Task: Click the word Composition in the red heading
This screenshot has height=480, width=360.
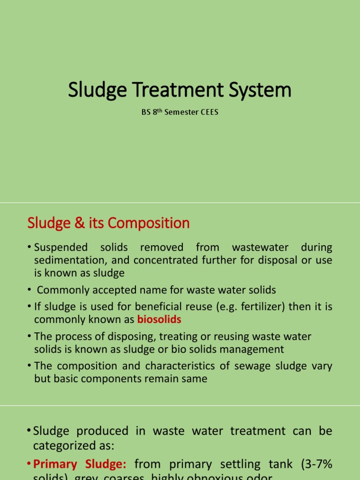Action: pyautogui.click(x=149, y=223)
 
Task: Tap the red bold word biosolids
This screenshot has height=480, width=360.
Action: pyautogui.click(x=159, y=320)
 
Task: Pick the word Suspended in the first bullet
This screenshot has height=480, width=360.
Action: pyautogui.click(x=61, y=247)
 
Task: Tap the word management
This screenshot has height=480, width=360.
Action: pyautogui.click(x=248, y=349)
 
